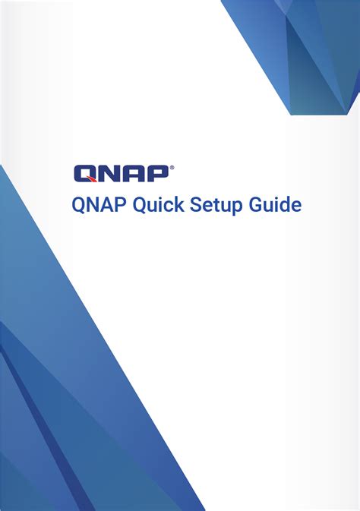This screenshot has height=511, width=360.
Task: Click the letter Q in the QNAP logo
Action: click(85, 174)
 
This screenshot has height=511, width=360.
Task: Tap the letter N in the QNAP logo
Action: click(110, 174)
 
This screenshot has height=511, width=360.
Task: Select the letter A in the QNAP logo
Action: click(135, 174)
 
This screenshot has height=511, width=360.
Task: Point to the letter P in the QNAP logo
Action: click(157, 174)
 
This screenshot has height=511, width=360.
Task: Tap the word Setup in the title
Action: click(218, 205)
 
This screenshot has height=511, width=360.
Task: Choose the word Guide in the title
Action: click(276, 205)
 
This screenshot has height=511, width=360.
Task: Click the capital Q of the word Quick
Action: click(142, 205)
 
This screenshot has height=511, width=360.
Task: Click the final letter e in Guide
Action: click(298, 206)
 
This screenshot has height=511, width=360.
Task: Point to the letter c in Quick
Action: click(171, 206)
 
